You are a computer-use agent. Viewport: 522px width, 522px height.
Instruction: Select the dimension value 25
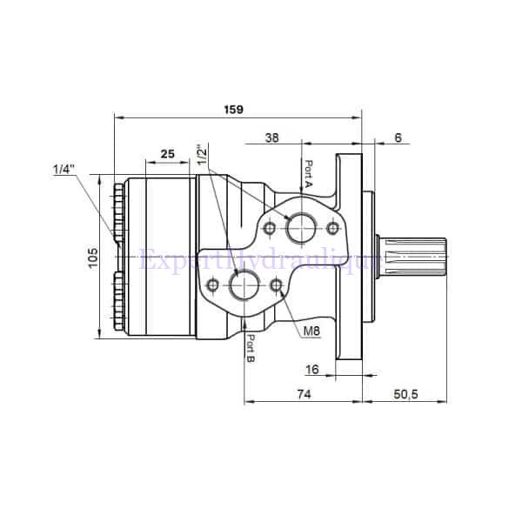click(167, 153)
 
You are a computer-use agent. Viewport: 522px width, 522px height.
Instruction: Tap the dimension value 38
click(271, 137)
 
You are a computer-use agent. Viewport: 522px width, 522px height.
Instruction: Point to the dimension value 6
click(398, 137)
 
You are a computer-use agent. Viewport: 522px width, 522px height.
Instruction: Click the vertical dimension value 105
click(93, 258)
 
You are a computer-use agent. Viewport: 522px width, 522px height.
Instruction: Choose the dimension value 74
click(303, 394)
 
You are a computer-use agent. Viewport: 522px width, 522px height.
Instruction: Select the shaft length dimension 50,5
click(405, 394)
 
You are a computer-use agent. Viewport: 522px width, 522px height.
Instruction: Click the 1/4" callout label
click(63, 170)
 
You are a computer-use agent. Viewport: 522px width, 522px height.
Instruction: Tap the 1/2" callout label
click(202, 156)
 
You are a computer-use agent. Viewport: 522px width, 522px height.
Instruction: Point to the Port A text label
click(308, 174)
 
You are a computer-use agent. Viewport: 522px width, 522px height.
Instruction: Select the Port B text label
click(250, 349)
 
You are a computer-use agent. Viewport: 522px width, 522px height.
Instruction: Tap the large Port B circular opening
click(243, 284)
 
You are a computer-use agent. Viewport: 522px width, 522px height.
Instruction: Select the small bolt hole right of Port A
click(331, 228)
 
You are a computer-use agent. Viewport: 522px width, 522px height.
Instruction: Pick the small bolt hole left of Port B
click(212, 284)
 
